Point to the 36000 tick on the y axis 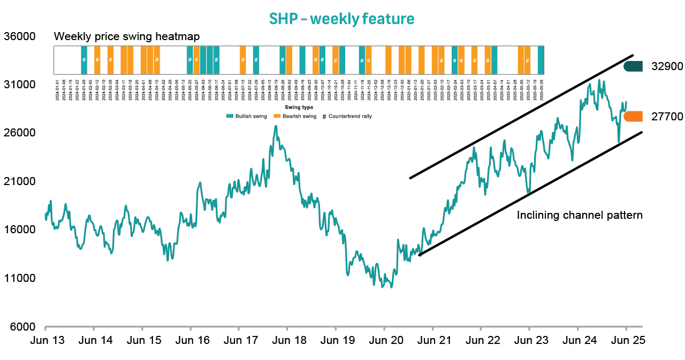tap(19, 36)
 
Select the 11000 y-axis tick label tap(19, 278)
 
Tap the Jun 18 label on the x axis tap(287, 340)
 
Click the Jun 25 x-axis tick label tap(626, 340)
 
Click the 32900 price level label tap(667, 67)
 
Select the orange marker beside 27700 tap(633, 117)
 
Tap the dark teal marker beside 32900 tap(633, 66)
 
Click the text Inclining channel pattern tap(579, 216)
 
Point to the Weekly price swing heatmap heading tap(127, 37)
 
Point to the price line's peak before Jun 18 tap(276, 126)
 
